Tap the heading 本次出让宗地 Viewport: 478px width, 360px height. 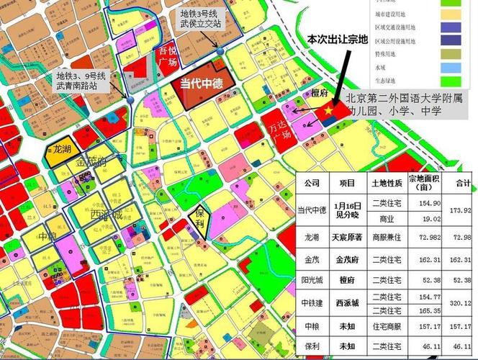(x=336, y=38)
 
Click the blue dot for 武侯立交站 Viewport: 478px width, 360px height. (x=220, y=51)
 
